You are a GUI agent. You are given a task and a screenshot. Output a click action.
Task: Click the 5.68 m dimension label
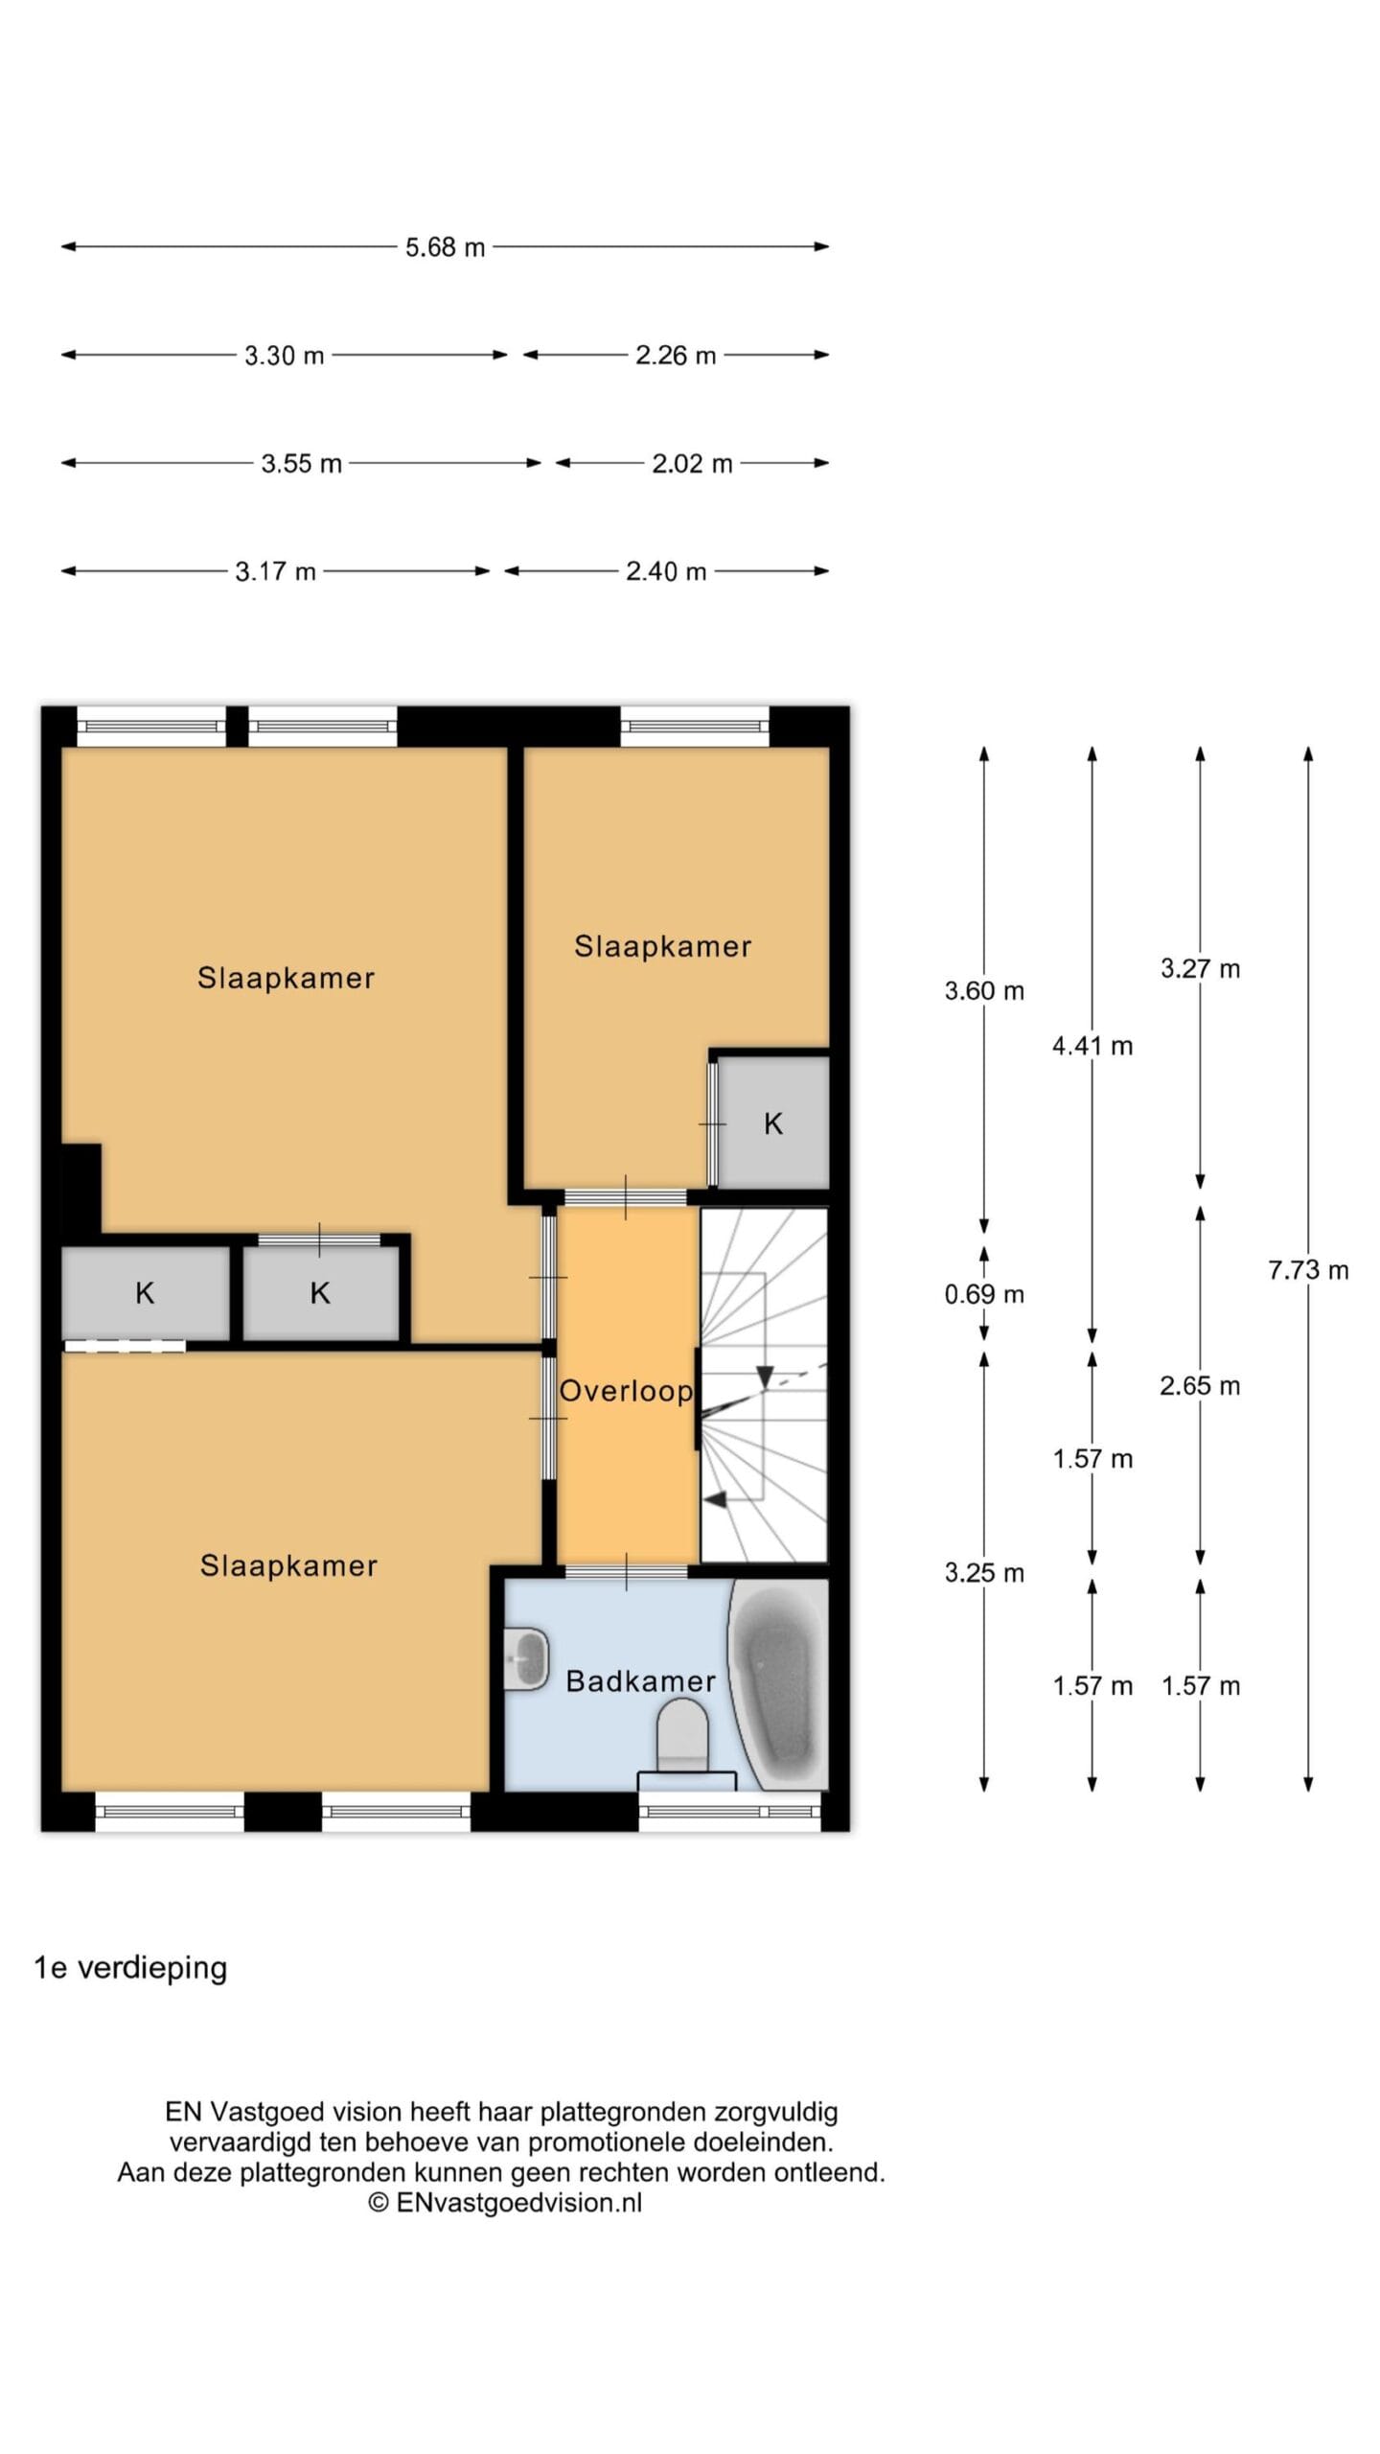point(445,247)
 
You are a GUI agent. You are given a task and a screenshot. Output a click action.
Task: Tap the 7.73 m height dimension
point(1308,1270)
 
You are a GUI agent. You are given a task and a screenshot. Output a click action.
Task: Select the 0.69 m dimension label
point(984,1294)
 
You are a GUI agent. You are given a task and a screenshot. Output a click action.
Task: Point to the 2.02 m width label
point(692,464)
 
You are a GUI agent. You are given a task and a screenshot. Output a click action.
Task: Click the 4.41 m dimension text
point(1092,1046)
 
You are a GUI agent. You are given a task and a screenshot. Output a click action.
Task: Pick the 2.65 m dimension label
point(1200,1385)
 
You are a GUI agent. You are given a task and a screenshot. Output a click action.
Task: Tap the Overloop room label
point(626,1391)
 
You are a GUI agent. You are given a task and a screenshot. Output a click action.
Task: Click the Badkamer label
point(641,1680)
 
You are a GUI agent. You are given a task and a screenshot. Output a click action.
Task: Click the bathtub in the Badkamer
point(778,1683)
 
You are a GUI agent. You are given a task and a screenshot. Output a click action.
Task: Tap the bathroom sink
point(526,1657)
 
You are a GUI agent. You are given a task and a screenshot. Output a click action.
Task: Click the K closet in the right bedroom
point(773,1123)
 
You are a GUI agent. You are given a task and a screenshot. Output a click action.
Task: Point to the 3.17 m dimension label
point(276,572)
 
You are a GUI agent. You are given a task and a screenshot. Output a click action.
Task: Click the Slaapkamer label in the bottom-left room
point(288,1565)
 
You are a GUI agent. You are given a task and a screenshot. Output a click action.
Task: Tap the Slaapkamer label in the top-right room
point(662,946)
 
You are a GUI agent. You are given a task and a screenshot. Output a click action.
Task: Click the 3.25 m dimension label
point(984,1572)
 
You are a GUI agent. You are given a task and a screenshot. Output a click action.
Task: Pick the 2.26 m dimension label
point(676,356)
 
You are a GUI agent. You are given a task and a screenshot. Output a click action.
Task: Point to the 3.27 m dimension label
point(1200,968)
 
